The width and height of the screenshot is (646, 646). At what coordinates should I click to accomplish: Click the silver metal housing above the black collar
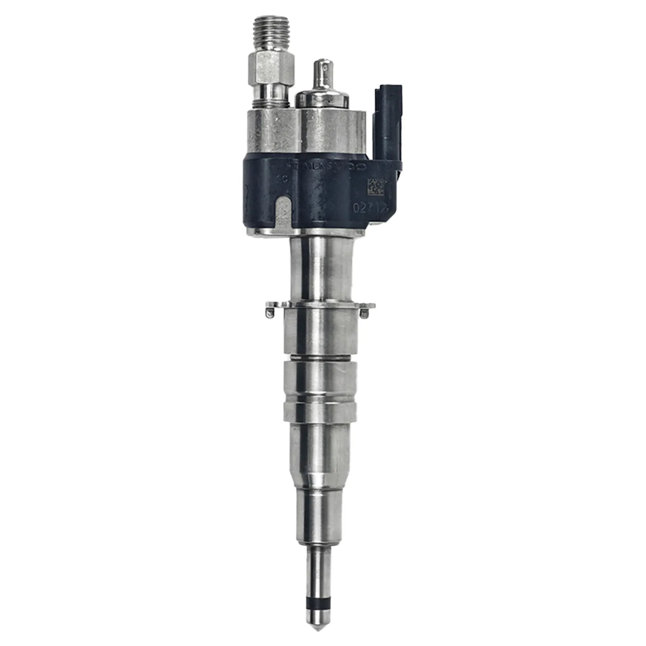(x=307, y=131)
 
